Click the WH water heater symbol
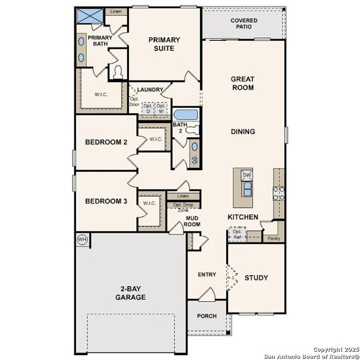point(82,239)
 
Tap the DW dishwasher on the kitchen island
point(247,175)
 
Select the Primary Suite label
point(164,44)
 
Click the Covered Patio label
point(244,23)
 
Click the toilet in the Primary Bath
point(118,73)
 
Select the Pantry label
point(273,238)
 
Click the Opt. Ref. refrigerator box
point(238,234)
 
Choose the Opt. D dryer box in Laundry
point(147,109)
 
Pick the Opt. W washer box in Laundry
point(161,109)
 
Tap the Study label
point(256,278)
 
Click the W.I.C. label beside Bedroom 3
point(149,203)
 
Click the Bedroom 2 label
point(106,142)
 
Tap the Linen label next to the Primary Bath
point(116,11)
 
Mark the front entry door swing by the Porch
point(207,294)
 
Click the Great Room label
point(242,83)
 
